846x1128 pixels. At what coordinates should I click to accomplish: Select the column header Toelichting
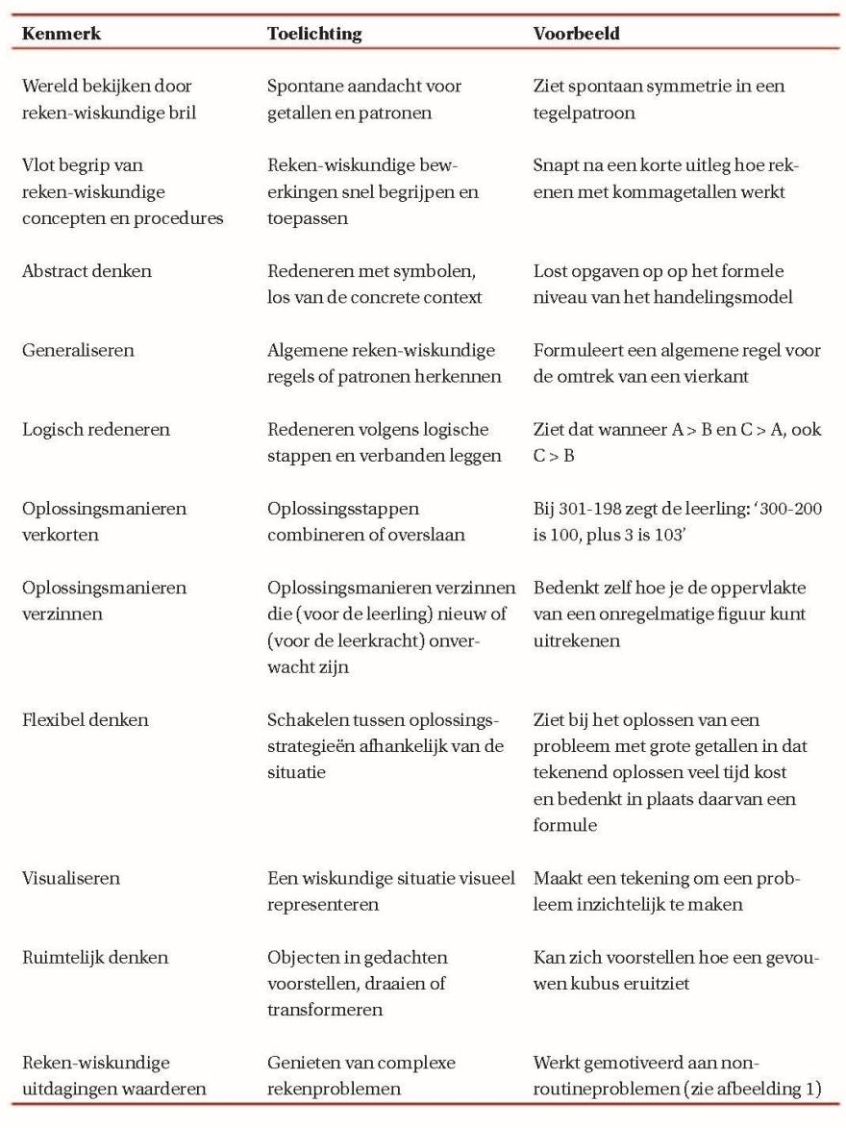314,35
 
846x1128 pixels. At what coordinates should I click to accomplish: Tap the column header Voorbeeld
577,35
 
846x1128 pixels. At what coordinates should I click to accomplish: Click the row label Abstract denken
87,272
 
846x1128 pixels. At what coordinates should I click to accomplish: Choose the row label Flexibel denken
85,719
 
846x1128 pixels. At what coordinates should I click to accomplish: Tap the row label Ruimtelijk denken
95,957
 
